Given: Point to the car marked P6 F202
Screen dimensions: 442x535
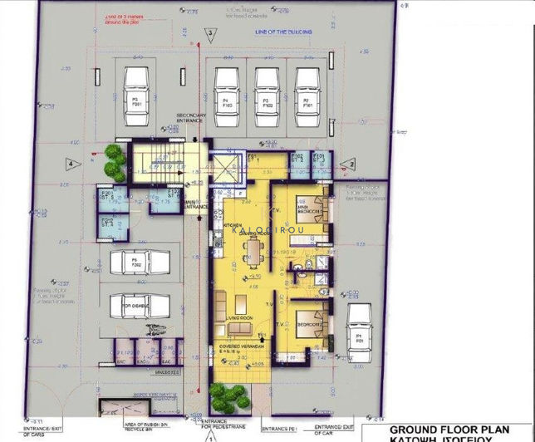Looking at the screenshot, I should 136,263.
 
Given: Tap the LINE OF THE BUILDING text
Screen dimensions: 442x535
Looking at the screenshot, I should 283,32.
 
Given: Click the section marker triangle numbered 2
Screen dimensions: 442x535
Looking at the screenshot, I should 350,165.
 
